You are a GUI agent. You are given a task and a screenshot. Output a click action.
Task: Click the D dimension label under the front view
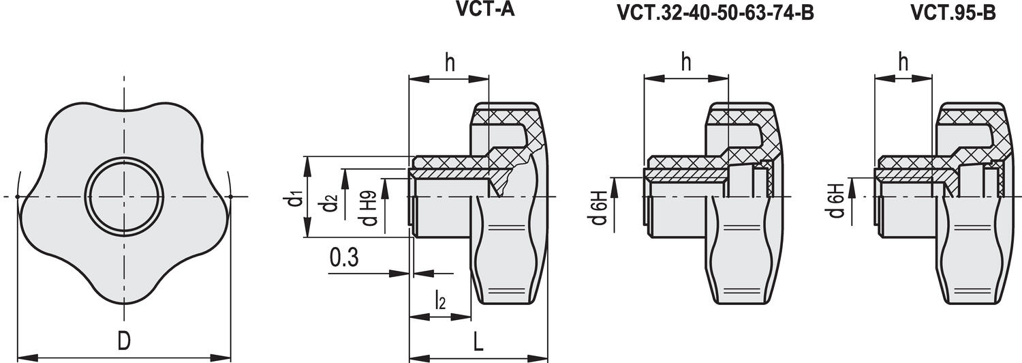[123, 340]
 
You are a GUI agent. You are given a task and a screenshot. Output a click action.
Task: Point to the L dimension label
[478, 342]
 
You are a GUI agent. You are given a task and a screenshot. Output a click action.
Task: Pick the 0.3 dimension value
[344, 257]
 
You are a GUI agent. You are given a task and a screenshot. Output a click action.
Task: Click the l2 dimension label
[440, 300]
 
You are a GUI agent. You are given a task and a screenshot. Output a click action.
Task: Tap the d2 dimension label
[330, 203]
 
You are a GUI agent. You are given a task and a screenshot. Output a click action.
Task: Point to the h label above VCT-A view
[450, 63]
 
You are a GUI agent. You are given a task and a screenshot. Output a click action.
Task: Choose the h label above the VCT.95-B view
[903, 62]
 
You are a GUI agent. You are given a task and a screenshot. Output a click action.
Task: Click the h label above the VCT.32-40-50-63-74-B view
[686, 62]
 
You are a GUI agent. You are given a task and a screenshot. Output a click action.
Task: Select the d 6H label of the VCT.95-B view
[837, 201]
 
